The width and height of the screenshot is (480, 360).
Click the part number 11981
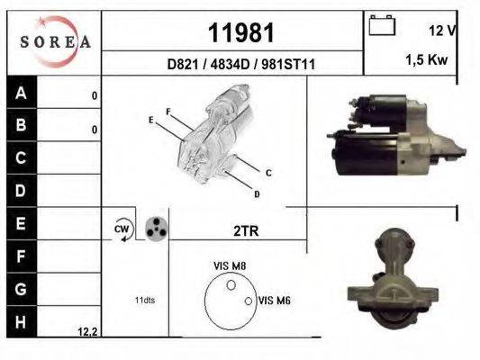tap(240, 33)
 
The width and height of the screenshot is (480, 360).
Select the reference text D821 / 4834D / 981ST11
tap(240, 65)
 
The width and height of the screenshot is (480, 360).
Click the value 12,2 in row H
tap(87, 332)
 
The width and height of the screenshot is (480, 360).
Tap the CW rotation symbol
tap(122, 230)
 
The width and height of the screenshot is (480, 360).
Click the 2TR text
tap(245, 231)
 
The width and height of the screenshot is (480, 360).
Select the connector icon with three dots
tap(157, 228)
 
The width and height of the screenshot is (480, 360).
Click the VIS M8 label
tap(229, 265)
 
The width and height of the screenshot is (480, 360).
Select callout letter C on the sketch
tap(268, 172)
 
